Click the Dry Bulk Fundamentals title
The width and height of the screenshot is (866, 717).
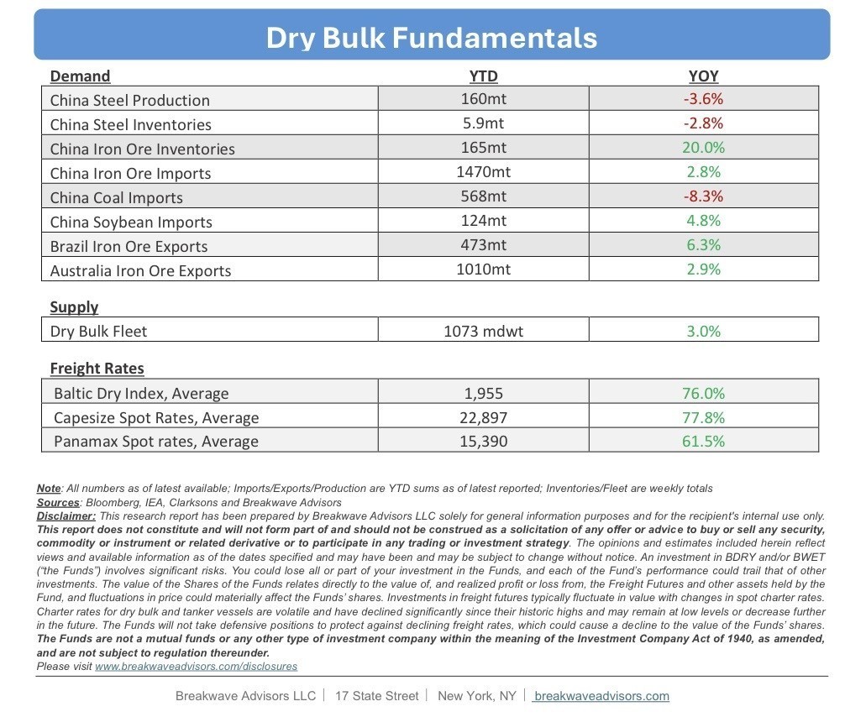[432, 38]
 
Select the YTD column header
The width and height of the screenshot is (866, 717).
[483, 76]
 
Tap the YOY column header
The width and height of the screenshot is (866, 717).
[703, 76]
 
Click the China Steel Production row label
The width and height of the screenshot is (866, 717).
[130, 100]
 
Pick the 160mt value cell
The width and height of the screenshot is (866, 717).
[483, 99]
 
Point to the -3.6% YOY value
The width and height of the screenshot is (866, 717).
[703, 99]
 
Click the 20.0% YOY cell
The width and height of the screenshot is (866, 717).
[703, 148]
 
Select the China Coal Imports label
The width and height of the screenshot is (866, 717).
[116, 197]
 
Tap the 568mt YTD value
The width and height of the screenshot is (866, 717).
[483, 196]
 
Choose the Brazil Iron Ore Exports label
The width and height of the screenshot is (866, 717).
[129, 246]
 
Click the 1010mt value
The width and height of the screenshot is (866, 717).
[483, 270]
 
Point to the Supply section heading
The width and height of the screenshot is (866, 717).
[74, 306]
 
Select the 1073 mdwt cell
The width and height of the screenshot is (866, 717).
[483, 331]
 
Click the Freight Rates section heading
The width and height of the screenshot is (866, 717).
[97, 368]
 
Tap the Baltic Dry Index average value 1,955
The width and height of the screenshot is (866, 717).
[483, 393]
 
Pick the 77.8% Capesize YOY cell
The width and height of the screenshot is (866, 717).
[703, 417]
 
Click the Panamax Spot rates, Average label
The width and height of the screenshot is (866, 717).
[156, 442]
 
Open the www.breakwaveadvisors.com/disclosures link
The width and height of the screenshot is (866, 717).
[196, 666]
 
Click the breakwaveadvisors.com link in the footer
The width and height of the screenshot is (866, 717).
[601, 696]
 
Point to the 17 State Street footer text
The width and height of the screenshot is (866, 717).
[376, 696]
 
